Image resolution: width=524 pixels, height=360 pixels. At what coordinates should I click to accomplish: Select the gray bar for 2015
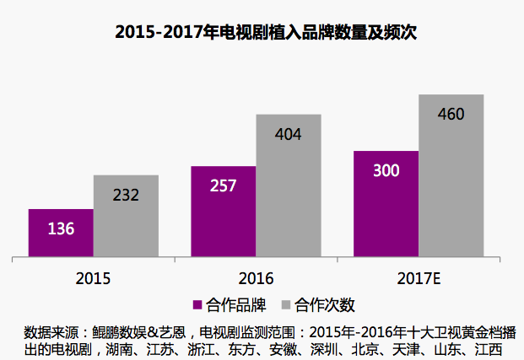click(126, 216)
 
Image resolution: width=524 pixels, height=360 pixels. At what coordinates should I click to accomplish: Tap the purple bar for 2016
click(223, 212)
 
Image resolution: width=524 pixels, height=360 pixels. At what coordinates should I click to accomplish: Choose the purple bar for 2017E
click(386, 204)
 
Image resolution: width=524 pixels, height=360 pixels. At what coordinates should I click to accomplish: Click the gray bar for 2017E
click(451, 175)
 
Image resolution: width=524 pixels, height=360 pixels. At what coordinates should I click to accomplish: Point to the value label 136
click(61, 228)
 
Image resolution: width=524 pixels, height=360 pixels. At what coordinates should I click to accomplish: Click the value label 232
click(125, 195)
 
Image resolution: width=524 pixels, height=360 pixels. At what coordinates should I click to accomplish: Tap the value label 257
click(223, 185)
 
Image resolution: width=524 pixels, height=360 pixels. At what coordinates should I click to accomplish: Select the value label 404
click(288, 134)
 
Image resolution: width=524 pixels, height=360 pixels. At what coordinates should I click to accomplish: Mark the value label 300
click(386, 170)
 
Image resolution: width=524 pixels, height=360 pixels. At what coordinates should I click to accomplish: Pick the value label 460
click(451, 114)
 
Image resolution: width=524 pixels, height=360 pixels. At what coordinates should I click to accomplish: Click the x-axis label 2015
click(93, 277)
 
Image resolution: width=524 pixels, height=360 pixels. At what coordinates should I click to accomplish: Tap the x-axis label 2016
click(256, 277)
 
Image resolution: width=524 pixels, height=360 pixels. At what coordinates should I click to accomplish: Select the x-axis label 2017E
click(418, 277)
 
